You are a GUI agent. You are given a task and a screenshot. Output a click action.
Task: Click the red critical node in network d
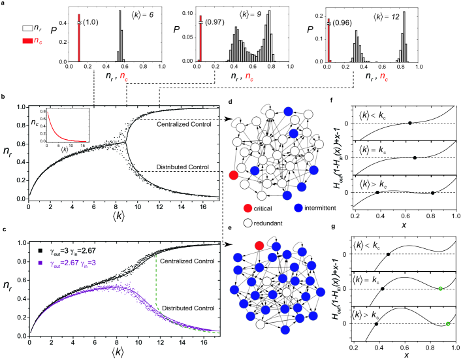point(234,175)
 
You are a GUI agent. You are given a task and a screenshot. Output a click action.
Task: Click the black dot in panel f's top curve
point(409,123)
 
